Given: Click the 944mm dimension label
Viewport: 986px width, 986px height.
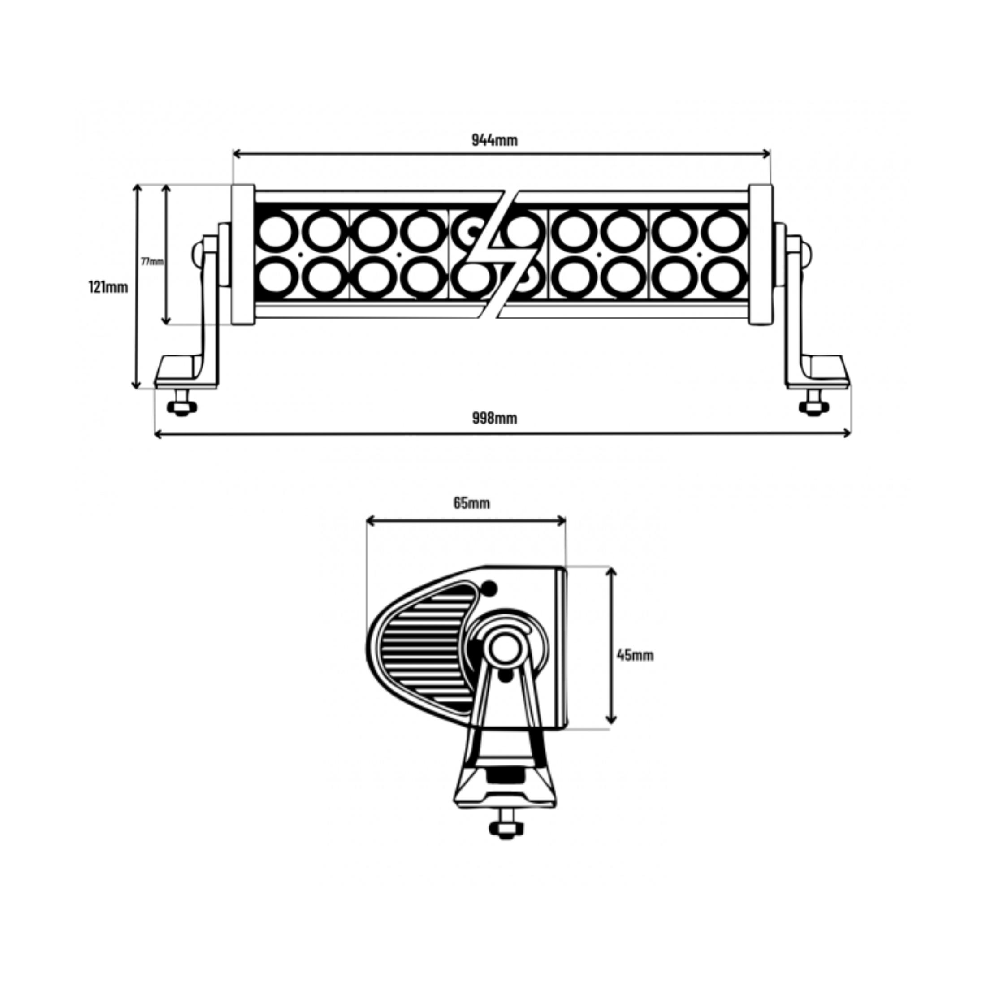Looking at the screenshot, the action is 494,140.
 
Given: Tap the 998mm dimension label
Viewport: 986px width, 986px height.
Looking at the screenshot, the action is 494,419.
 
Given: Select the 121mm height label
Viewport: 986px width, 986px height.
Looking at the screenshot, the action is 108,287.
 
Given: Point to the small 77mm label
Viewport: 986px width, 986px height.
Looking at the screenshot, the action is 152,261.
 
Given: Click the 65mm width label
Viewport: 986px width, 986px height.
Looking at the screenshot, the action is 471,503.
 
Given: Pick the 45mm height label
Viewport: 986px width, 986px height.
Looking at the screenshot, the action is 635,655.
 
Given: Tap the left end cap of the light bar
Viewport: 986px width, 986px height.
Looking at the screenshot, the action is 243,255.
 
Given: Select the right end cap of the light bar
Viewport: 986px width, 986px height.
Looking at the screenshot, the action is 761,255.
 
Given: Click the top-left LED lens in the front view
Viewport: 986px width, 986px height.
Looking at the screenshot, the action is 276,232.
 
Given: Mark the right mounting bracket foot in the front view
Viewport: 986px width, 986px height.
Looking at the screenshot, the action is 818,372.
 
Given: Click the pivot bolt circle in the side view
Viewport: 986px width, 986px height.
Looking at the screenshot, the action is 505,649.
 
